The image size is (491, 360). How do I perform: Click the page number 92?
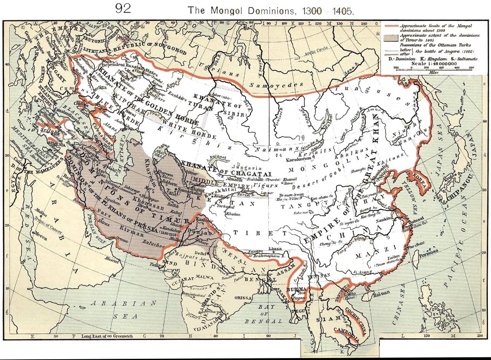[x=123, y=9]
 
